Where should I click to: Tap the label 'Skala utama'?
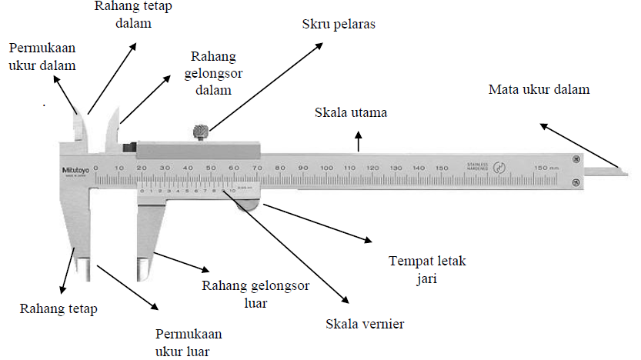(x=350, y=112)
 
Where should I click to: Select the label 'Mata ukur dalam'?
(x=539, y=89)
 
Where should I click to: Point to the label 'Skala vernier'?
(x=366, y=324)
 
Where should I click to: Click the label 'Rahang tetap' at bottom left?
(x=58, y=309)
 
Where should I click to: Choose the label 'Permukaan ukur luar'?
(x=188, y=342)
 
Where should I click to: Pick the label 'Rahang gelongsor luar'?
(x=255, y=294)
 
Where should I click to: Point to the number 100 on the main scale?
(x=326, y=168)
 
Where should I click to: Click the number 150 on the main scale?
(x=441, y=168)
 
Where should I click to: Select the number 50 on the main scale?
(x=211, y=168)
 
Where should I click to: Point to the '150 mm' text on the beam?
(x=546, y=168)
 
